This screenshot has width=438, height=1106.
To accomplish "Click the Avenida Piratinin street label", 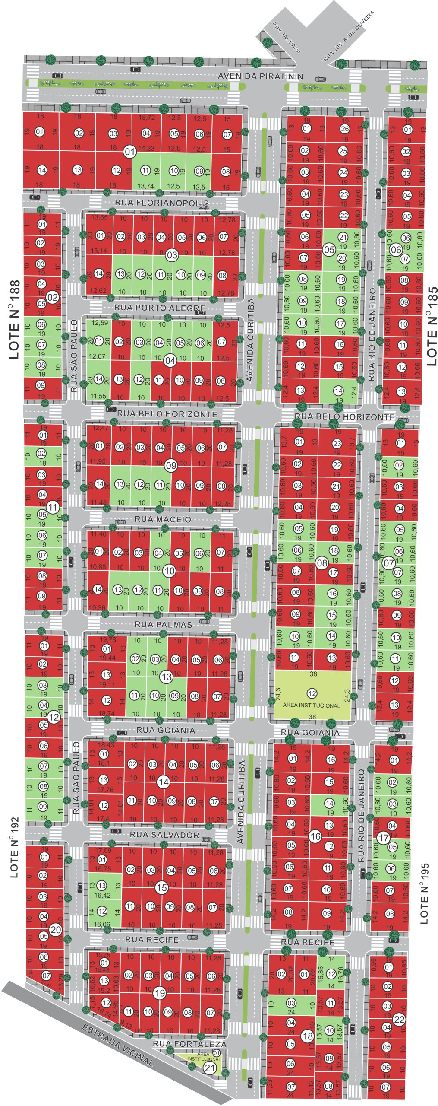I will (x=260, y=76).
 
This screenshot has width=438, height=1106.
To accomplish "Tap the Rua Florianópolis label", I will (x=162, y=203).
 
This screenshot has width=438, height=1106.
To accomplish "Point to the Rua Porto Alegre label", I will (x=160, y=308).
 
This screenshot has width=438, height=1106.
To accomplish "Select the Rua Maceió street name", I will (x=163, y=519).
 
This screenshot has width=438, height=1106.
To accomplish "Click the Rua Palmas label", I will (x=163, y=624).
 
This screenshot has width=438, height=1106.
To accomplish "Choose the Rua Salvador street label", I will (x=164, y=835).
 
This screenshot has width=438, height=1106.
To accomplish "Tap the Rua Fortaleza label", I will (x=189, y=1044).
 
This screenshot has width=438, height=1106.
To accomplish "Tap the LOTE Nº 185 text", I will (x=432, y=326).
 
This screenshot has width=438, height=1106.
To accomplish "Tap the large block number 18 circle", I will (x=308, y=1036).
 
